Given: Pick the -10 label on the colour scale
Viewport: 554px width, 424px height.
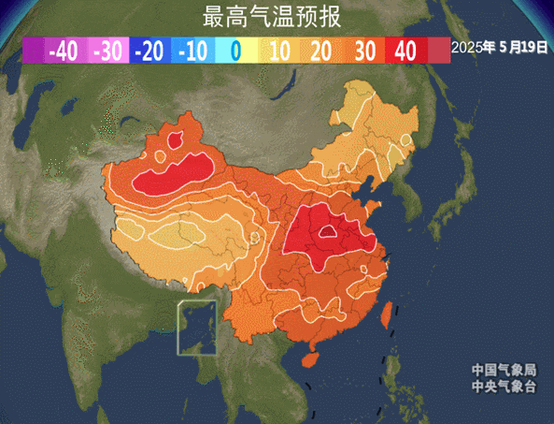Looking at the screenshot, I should [x=193, y=51].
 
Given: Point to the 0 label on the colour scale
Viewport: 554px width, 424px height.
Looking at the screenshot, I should [x=236, y=51].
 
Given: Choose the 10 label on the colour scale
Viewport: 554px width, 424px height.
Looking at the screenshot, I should [x=278, y=51].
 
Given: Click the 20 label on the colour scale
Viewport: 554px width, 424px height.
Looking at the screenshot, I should [x=320, y=51].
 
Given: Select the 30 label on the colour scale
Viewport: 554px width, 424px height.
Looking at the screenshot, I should [x=363, y=51].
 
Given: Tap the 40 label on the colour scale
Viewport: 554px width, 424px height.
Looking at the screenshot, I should [x=405, y=51].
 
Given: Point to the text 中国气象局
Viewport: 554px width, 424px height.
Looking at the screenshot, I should [x=504, y=369].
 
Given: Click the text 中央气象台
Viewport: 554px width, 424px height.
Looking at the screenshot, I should [x=504, y=384].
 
